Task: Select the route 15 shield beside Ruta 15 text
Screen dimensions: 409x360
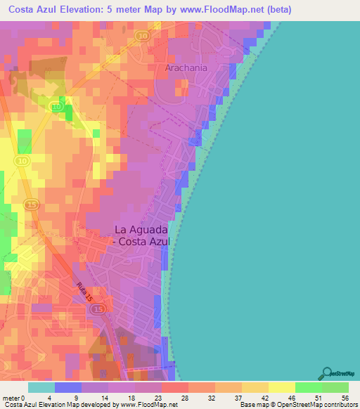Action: click(x=98, y=309)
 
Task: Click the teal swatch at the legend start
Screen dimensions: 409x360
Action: click(x=41, y=387)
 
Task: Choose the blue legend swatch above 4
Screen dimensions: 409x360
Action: click(x=68, y=387)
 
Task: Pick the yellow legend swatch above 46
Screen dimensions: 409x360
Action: click(x=282, y=387)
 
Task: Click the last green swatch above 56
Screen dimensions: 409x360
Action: click(x=335, y=387)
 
